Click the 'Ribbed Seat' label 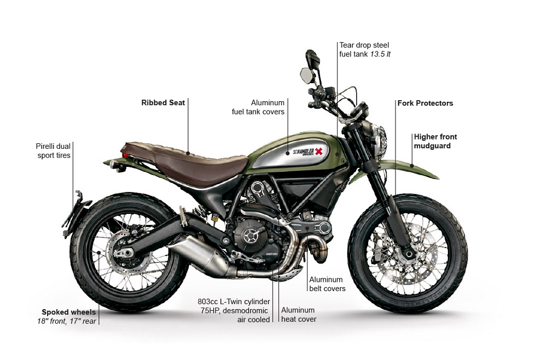tap(163, 102)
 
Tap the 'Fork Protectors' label tap(424, 103)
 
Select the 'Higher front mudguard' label tap(435, 141)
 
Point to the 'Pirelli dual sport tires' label tap(53, 150)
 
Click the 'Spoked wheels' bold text tap(69, 312)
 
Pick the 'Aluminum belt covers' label tap(327, 284)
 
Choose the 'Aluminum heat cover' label tap(299, 315)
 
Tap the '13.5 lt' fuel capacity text tap(380, 54)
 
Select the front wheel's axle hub tap(408, 254)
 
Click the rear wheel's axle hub tap(125, 252)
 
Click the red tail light tap(126, 155)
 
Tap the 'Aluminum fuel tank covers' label tap(258, 107)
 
